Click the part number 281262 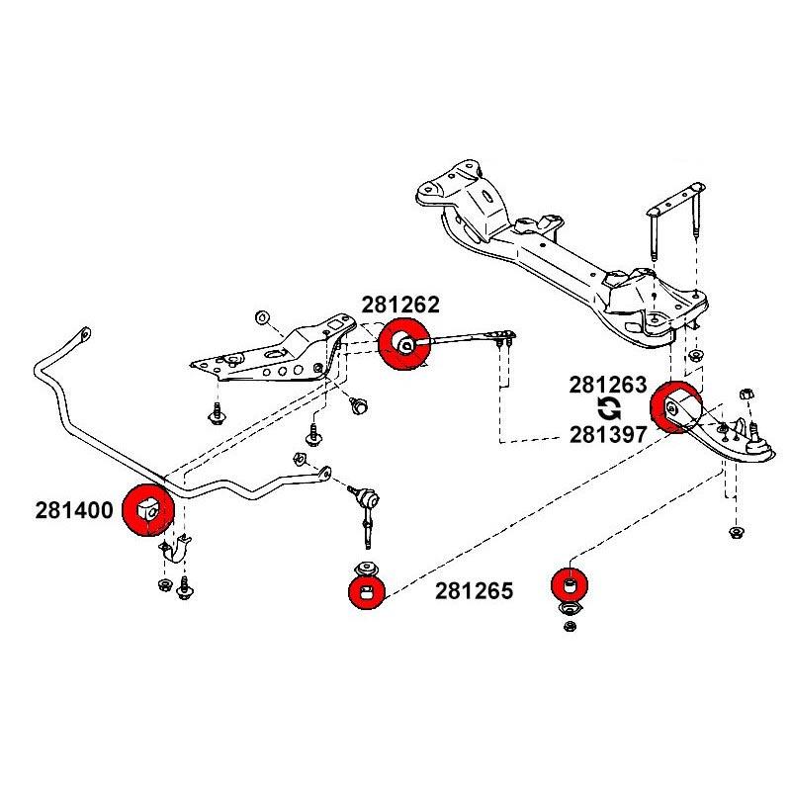click(399, 306)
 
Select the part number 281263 click(607, 384)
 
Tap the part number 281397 click(607, 433)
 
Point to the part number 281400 click(75, 511)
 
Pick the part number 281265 click(474, 591)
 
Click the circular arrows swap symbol click(610, 408)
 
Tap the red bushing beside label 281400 click(148, 510)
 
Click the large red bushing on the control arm click(678, 406)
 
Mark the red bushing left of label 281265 click(366, 593)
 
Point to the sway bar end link click(366, 509)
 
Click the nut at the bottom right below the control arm click(736, 534)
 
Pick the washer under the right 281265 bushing click(571, 620)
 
